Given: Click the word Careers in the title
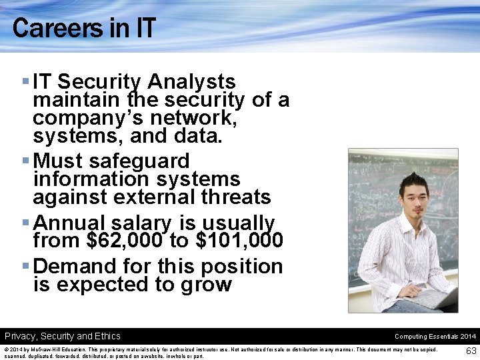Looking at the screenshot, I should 45,28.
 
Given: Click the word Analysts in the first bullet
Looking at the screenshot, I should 192,82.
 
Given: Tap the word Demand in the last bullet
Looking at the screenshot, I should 75,266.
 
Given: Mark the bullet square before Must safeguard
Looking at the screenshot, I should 25,161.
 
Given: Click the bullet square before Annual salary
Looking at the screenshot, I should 25,223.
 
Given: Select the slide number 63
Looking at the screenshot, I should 471,351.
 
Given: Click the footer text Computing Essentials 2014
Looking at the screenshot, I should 435,337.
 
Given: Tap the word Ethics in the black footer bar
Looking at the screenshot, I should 107,336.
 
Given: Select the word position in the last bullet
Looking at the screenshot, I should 244,266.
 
